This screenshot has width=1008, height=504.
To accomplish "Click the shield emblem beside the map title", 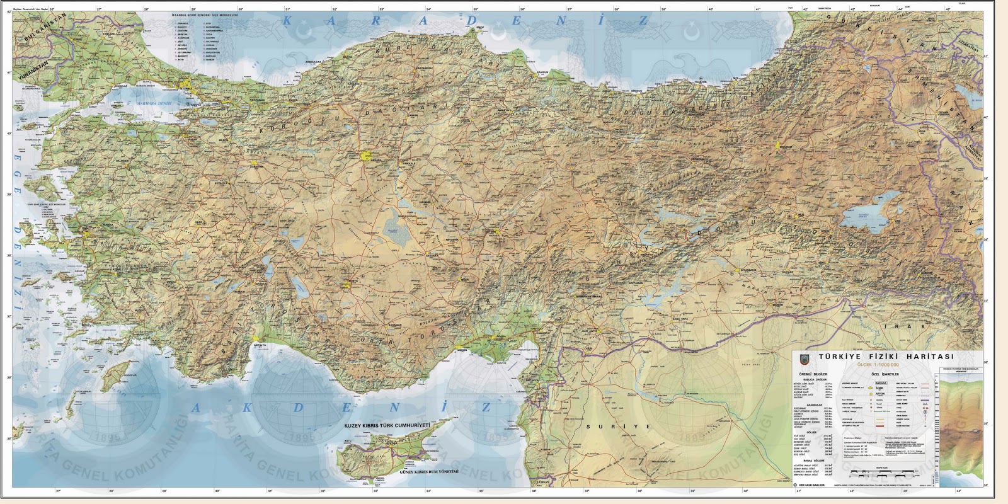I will coord(802,359).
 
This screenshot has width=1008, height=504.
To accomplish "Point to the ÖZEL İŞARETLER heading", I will coord(885,374).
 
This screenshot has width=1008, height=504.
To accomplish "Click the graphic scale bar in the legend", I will coord(876,472).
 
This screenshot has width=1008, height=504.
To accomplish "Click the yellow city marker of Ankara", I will coord(367,154).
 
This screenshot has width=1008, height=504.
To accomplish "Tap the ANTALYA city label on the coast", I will coord(258,345).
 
